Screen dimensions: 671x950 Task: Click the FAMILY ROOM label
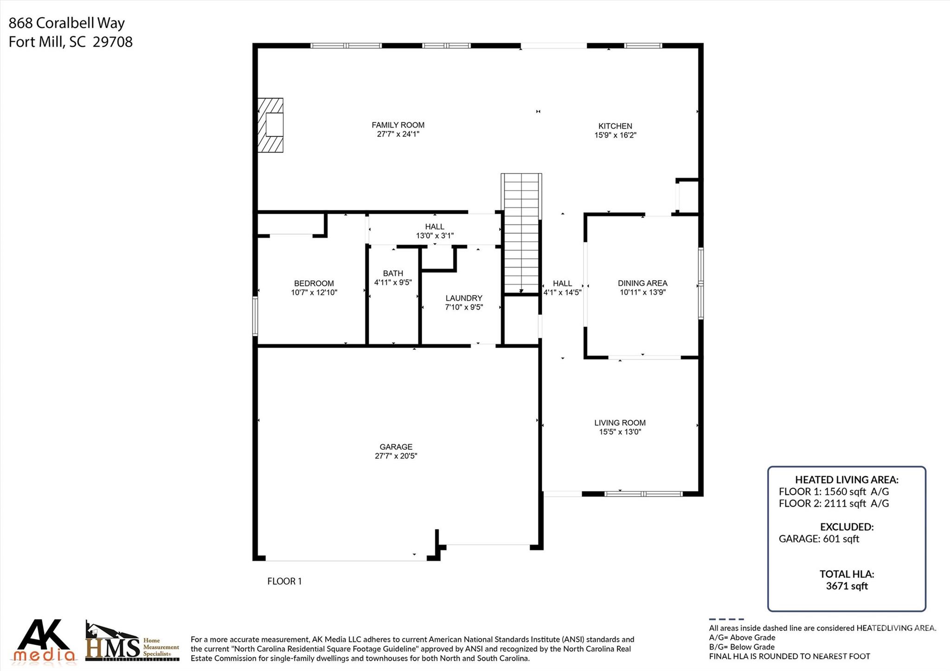398,125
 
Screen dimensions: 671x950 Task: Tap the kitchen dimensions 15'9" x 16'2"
615,135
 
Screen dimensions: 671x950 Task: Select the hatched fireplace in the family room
270,125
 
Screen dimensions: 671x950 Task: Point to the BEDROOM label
314,283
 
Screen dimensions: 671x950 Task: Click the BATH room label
393,273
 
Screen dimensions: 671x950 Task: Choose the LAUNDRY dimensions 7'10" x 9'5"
464,307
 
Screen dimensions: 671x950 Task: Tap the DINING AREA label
642,283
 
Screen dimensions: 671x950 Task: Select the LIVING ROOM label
620,422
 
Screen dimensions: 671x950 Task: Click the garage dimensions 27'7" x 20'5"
396,456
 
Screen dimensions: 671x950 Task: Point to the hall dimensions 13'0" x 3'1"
435,236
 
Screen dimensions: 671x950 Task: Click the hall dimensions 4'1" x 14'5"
562,293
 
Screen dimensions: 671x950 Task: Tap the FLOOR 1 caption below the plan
284,581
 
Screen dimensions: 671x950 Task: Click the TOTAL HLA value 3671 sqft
847,586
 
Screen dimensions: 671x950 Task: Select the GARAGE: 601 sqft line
819,539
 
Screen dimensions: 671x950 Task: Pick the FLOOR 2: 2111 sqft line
834,504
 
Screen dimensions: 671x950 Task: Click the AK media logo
45,641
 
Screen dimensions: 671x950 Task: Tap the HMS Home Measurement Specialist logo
132,643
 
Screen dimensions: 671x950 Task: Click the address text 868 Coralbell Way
66,23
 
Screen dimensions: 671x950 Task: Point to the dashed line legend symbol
726,619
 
